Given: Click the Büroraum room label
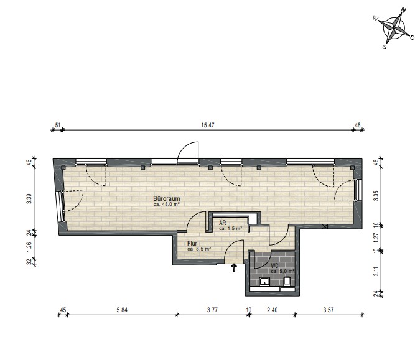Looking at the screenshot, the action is (167, 198).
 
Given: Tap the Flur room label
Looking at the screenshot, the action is (192, 243).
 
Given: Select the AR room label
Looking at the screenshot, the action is (223, 223).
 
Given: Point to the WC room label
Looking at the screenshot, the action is (274, 266).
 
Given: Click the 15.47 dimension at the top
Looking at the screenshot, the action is (208, 125).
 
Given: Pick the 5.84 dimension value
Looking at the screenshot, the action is (122, 310).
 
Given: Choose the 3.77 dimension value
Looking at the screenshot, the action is (212, 310).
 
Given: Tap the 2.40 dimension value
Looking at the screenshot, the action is (273, 310).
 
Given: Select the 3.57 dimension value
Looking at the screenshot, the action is (329, 310).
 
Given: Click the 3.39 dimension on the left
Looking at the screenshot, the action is (29, 199).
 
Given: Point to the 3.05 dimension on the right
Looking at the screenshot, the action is (376, 196).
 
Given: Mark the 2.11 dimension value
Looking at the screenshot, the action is (376, 272).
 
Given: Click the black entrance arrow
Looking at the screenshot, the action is (234, 268).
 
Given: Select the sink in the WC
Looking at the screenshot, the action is (264, 282).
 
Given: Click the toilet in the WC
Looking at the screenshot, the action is (287, 282).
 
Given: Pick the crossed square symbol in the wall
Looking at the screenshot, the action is (325, 226).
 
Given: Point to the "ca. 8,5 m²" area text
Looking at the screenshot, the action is (199, 249).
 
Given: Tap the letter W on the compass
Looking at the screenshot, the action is (375, 18).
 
